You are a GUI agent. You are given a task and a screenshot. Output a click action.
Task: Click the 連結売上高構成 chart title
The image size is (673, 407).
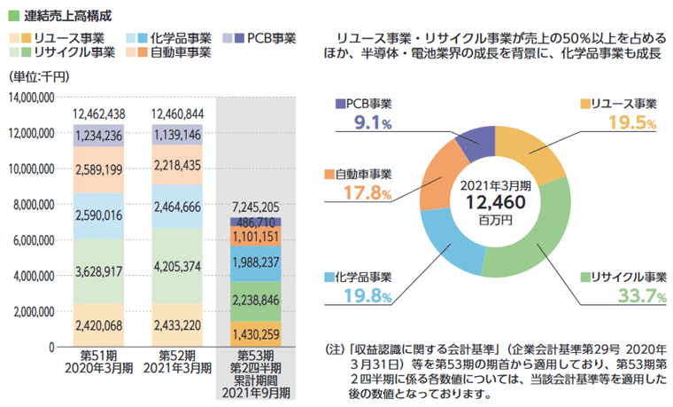pos(66,16)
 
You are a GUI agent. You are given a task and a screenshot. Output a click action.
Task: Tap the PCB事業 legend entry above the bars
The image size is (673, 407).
pos(264,38)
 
